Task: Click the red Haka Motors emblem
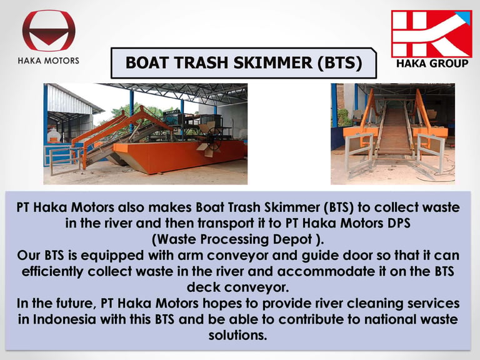click(49, 30)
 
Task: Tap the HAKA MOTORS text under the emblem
click(49, 61)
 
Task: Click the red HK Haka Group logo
click(432, 34)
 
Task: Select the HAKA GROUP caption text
click(432, 63)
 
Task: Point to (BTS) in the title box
click(340, 62)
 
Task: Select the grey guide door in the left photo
click(62, 160)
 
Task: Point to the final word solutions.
click(237, 335)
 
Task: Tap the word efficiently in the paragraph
click(52, 271)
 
